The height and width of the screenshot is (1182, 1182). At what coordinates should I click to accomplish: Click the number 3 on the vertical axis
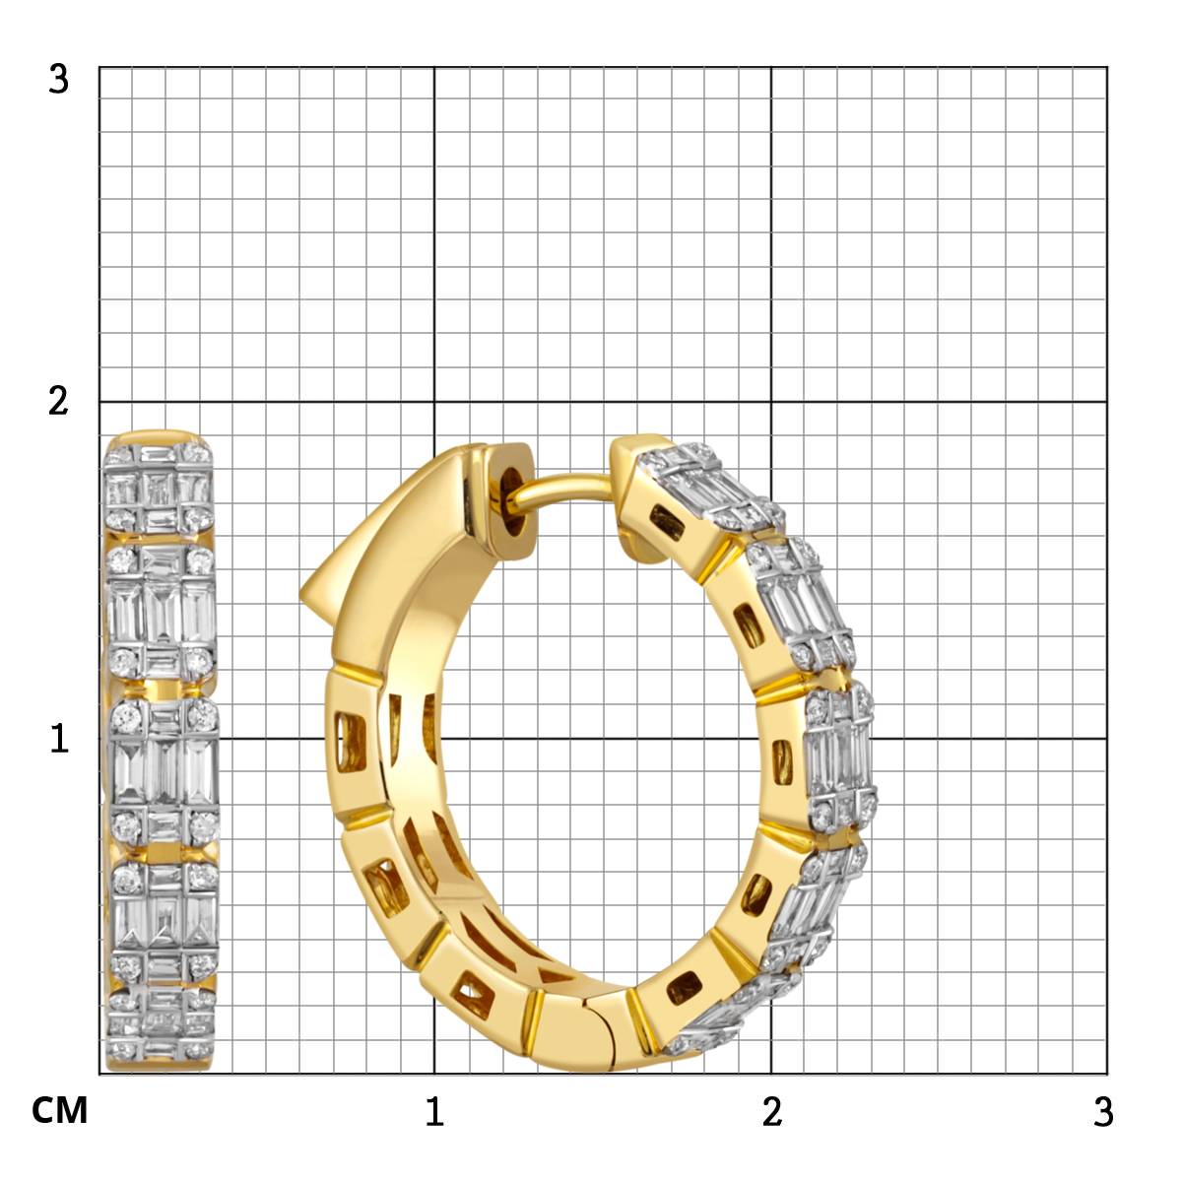(x=58, y=80)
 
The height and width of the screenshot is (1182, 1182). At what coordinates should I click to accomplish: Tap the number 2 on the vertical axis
(x=58, y=403)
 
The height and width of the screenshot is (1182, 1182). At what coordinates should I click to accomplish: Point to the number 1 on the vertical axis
(x=59, y=738)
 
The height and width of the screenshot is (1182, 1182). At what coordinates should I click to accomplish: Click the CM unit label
(x=59, y=1110)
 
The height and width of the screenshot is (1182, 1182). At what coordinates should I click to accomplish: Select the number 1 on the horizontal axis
(x=434, y=1111)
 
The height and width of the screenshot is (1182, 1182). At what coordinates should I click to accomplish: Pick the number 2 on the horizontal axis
(x=772, y=1111)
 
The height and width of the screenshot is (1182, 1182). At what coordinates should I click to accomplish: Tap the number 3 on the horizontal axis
(x=1103, y=1111)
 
